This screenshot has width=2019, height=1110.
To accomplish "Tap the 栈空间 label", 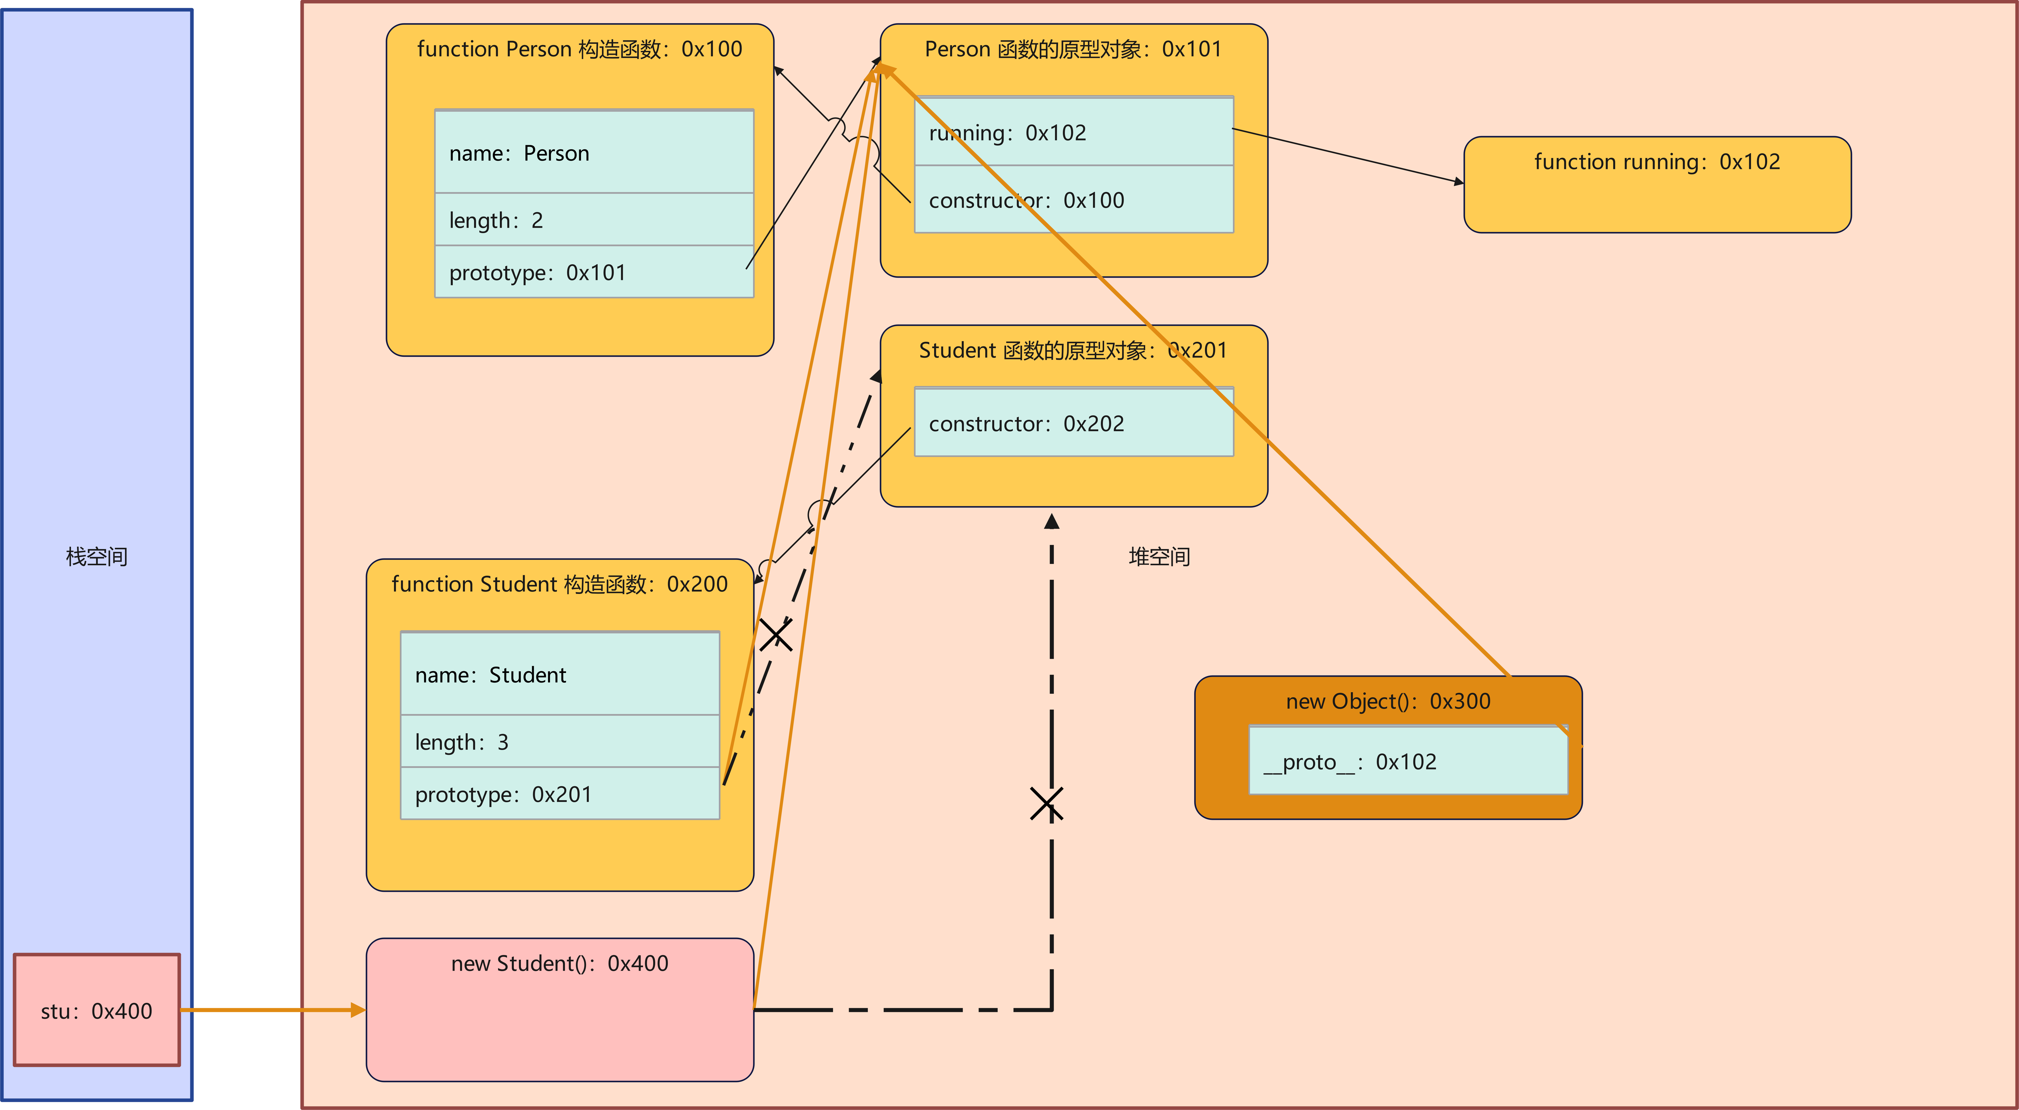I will tap(97, 557).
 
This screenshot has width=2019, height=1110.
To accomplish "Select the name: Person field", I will tap(593, 153).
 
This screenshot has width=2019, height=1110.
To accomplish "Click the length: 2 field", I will tap(593, 220).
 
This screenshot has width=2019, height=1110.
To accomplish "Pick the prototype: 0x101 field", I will tap(593, 272).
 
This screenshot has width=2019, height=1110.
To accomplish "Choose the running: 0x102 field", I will tap(1074, 133).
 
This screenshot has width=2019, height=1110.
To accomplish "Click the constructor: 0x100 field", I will tap(1074, 200).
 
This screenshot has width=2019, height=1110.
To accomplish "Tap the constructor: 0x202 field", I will tap(1074, 423).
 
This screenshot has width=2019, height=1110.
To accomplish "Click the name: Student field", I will tap(560, 674).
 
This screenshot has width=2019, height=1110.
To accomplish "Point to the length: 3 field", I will tap(560, 742).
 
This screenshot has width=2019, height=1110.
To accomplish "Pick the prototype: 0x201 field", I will tap(560, 794).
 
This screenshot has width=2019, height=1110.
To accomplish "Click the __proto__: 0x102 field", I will tap(1408, 761).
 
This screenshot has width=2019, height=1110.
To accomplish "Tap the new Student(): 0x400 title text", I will tap(560, 963).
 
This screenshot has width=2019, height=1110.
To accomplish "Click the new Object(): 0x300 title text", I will tap(1388, 701).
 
